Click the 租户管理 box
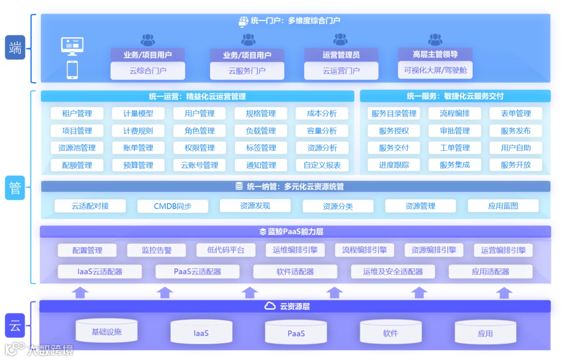77,114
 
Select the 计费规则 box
138,131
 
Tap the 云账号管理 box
200,165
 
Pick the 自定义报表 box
322,165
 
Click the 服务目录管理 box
394,114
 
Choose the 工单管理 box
455,148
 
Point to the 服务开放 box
516,165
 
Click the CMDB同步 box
172,206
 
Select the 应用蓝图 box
503,206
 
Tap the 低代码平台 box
226,250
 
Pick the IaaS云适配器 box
100,271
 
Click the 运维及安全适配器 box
393,271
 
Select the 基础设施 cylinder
106,331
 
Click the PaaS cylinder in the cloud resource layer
296,333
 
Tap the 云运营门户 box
341,71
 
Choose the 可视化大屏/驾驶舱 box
435,70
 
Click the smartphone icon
72,70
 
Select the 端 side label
15,48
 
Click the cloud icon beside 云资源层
270,306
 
